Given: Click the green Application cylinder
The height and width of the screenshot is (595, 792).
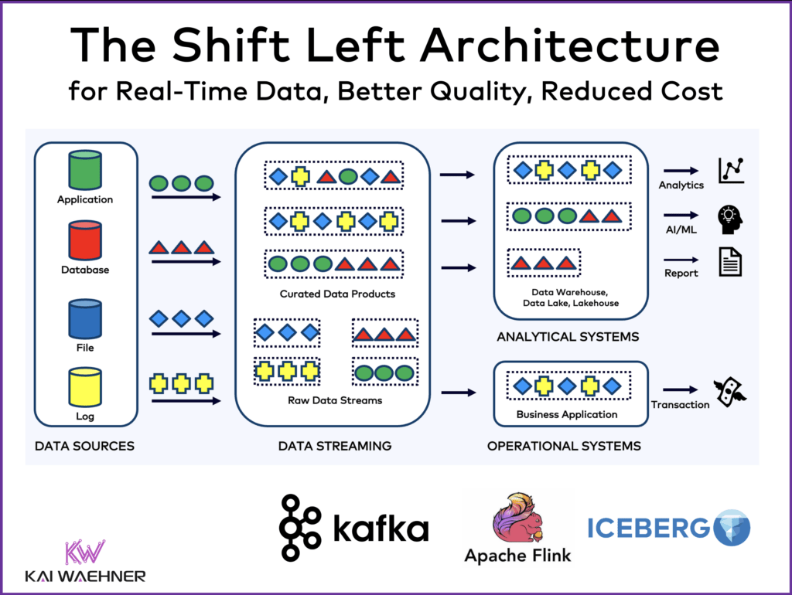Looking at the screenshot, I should (85, 170).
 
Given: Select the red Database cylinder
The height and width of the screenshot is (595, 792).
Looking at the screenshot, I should (85, 241).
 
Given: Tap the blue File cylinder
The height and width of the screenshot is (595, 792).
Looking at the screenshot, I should (85, 318).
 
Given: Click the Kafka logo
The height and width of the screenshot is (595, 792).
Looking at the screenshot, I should (353, 529).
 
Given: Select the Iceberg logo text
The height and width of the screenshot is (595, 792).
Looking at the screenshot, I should (648, 528).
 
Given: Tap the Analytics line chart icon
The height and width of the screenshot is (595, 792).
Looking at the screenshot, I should (730, 171).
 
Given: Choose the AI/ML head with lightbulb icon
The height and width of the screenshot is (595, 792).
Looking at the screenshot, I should (730, 219).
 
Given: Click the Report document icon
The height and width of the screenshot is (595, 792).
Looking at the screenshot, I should (730, 262).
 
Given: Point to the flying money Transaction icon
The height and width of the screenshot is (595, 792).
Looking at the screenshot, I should (730, 392).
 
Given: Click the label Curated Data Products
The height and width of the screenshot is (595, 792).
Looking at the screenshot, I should (337, 294).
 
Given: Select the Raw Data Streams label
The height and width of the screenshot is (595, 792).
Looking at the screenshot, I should (334, 400).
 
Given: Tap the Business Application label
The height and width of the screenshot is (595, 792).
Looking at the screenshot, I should (567, 414).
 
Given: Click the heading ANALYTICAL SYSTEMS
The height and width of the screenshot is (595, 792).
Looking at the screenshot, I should (568, 337).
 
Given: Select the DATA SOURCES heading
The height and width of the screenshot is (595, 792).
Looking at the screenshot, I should (84, 446).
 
